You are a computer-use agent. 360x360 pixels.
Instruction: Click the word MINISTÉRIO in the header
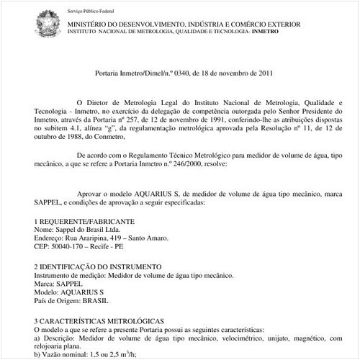coord(90,24)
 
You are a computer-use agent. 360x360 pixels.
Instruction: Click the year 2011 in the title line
coord(261,73)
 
